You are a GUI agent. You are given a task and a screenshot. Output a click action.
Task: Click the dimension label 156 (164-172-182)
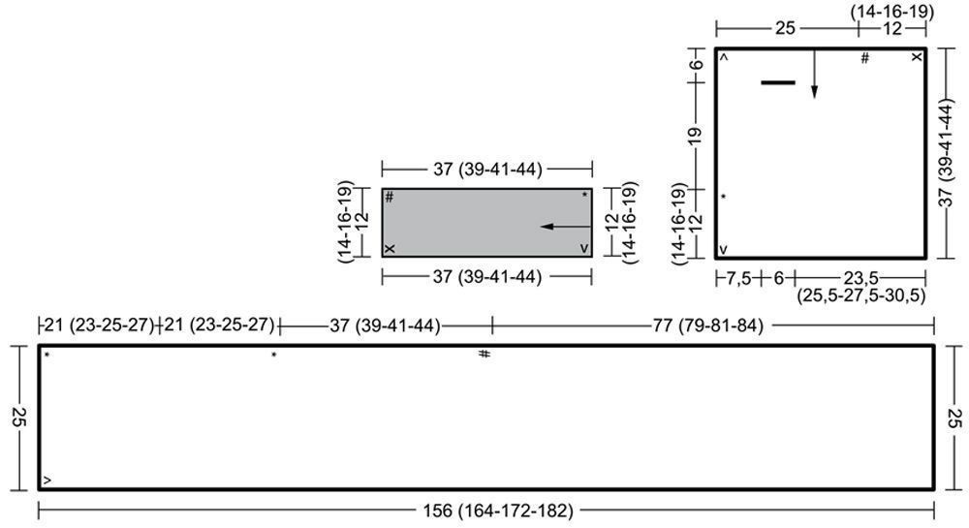coord(498,511)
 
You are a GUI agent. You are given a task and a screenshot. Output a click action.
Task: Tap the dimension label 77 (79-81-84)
coord(708,325)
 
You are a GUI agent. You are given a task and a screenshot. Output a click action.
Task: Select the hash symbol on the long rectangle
coord(484,354)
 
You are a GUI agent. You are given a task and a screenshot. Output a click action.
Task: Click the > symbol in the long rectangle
coord(47,481)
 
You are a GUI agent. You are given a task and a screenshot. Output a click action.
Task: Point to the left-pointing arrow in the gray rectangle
coord(566,227)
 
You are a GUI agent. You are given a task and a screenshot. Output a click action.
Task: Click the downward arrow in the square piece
coord(814,74)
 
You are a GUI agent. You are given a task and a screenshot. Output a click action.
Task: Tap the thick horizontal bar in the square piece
coord(778,82)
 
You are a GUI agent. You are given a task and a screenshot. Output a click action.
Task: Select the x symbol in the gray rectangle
coord(390,249)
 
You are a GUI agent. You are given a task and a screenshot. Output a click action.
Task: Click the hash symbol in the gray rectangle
coord(390,197)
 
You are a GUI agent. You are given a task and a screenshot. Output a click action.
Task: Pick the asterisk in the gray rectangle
coord(584,195)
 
